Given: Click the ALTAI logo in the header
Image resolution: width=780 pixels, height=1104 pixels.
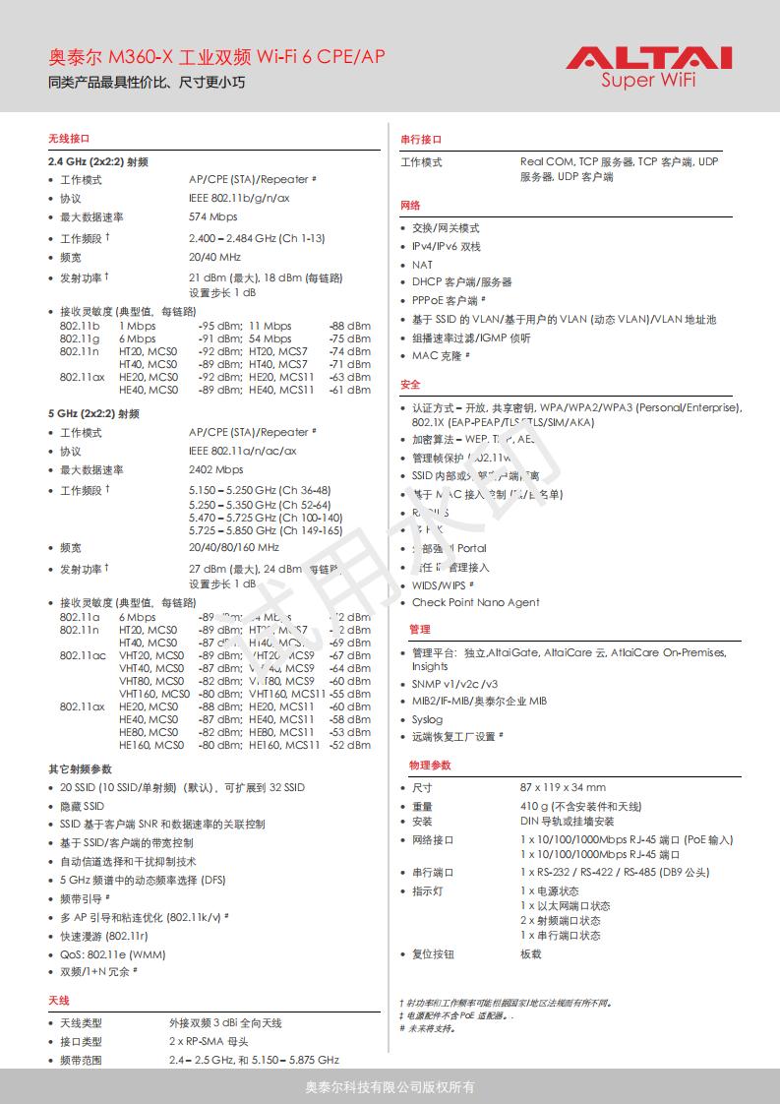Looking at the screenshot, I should [x=648, y=58].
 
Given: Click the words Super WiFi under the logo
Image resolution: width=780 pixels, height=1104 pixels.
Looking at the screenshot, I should [x=648, y=81].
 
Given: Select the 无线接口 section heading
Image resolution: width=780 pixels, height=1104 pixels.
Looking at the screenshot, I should [x=69, y=138].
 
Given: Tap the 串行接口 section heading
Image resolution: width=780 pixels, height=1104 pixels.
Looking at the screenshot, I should [x=421, y=140].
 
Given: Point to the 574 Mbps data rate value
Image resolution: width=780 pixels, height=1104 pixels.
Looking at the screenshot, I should [x=212, y=216].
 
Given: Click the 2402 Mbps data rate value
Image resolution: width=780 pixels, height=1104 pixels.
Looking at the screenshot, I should [x=215, y=469].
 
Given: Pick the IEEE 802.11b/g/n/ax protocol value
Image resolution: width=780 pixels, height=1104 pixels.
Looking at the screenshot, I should [x=239, y=198].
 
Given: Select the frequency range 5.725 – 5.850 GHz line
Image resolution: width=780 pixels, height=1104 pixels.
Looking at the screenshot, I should [x=266, y=530].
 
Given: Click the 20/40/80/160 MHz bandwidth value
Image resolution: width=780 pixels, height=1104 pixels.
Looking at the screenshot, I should [x=233, y=547].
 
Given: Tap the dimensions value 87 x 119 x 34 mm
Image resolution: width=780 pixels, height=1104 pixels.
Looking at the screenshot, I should [x=563, y=787].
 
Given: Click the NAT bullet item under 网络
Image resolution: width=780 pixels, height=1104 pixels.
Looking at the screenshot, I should [x=422, y=265].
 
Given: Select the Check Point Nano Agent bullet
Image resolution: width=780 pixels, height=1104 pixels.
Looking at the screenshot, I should [x=475, y=602].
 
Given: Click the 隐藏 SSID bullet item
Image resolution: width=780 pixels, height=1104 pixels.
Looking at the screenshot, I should [x=82, y=806].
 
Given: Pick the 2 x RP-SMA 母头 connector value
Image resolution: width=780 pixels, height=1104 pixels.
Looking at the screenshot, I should [x=209, y=1041].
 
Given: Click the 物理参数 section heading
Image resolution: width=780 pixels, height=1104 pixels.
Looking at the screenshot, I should [x=430, y=765].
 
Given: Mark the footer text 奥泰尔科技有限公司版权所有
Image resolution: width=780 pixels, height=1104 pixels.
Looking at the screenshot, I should [x=390, y=1087].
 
